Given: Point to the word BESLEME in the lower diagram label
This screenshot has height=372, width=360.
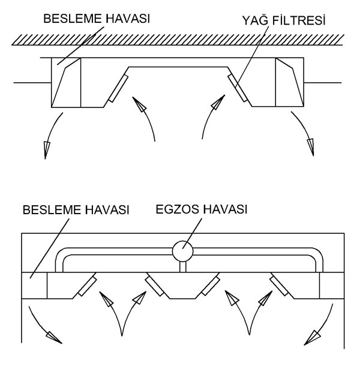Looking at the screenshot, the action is [51, 210].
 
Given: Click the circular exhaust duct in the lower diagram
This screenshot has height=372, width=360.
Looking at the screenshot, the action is [182, 251].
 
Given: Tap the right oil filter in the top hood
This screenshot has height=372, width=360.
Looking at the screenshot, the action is [238, 88].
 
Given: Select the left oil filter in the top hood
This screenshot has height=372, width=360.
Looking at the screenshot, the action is [118, 88].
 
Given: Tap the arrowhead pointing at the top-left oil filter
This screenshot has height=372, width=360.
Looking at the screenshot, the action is [139, 104].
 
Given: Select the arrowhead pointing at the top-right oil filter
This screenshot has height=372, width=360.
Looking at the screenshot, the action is [218, 102].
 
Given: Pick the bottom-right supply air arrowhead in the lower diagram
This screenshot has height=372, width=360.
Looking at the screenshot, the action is [313, 337].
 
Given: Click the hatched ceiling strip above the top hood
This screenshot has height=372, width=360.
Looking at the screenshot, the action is [178, 40].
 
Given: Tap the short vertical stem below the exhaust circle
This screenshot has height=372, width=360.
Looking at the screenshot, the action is [183, 266].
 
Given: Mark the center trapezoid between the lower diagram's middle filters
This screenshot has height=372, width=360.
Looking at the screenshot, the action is [182, 285].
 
